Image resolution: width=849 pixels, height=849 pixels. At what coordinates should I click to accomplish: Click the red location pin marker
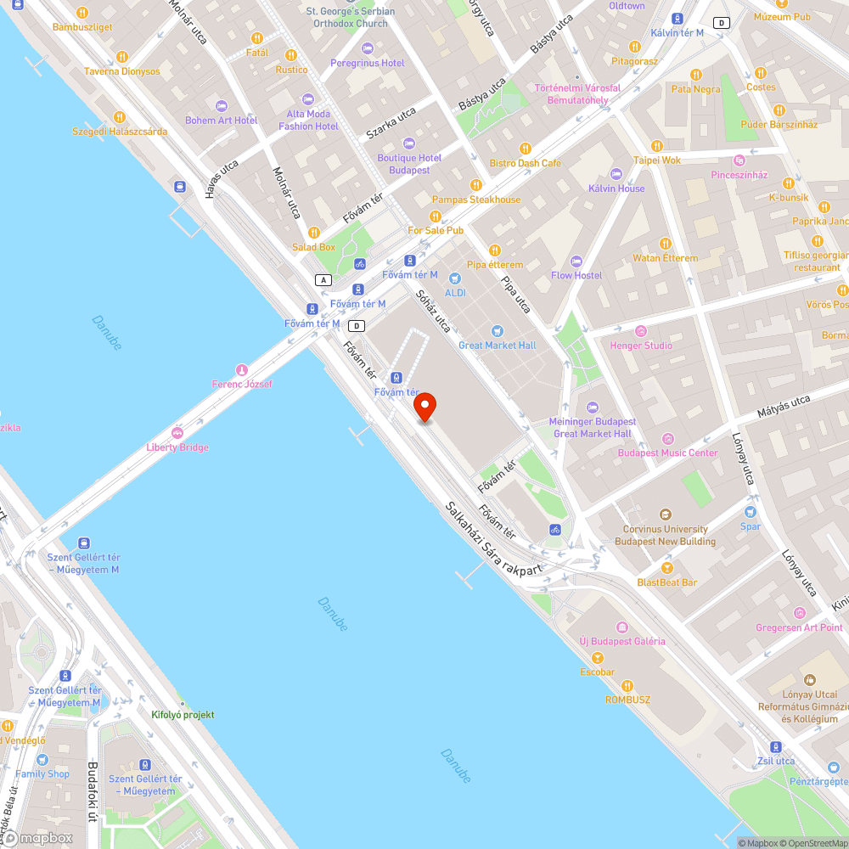click(424, 408)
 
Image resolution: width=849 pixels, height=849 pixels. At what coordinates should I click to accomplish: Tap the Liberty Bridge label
click(177, 447)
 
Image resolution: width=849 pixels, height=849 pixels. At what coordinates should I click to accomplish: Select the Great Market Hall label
click(497, 346)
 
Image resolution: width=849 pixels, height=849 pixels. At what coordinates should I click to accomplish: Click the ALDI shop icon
click(455, 278)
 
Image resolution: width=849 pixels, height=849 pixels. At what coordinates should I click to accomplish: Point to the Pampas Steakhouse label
click(476, 200)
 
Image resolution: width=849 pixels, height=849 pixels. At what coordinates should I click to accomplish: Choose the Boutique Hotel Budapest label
click(409, 164)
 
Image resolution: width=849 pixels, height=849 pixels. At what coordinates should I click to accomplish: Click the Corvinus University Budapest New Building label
click(665, 535)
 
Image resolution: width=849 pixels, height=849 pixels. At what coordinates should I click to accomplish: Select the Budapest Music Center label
click(667, 453)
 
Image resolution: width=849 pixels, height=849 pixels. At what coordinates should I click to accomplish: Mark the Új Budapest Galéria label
click(621, 641)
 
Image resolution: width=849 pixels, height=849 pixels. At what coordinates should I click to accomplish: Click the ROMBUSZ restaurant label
click(627, 699)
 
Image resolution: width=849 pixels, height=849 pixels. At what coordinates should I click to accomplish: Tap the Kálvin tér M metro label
click(677, 32)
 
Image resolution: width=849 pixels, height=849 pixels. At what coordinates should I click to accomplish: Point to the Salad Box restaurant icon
click(314, 233)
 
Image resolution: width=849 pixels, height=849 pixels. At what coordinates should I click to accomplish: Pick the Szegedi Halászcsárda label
click(119, 132)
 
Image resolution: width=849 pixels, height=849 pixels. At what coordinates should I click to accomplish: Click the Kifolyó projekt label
click(183, 715)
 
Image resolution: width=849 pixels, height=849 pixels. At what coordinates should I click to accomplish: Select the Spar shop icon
click(750, 512)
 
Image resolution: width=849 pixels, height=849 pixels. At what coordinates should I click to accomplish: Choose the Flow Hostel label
click(576, 275)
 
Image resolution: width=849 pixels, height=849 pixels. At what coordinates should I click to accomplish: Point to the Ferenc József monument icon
click(242, 369)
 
